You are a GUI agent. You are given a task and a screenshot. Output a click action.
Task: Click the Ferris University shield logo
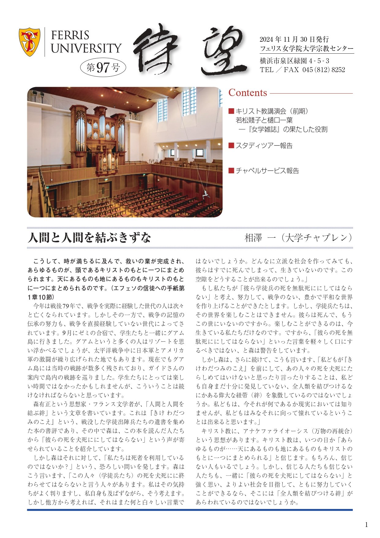(29, 42)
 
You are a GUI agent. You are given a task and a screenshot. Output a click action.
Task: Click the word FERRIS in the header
(70, 36)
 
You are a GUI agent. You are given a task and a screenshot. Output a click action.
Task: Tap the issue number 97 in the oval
(103, 67)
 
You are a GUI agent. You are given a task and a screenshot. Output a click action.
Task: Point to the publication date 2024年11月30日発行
(294, 39)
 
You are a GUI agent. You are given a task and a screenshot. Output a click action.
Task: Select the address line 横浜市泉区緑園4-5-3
(294, 61)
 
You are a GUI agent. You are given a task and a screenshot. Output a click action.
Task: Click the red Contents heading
(248, 93)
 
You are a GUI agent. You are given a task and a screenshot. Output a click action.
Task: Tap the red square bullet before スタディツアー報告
(231, 145)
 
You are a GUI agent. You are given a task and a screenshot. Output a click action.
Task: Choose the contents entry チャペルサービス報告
(267, 171)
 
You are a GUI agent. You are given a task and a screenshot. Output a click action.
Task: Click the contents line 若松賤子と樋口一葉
(264, 120)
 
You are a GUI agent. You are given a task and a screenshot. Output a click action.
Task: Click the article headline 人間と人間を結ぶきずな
(89, 238)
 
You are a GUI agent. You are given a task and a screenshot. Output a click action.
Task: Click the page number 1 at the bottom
(366, 525)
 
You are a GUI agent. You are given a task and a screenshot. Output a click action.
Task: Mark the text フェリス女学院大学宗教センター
(306, 48)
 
